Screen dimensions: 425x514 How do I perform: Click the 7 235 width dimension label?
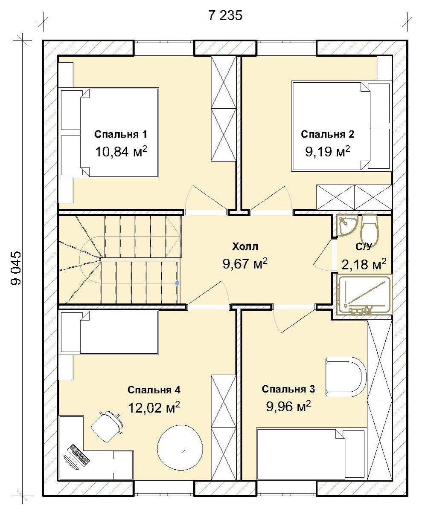click(x=225, y=15)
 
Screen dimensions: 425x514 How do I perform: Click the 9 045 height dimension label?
click(x=16, y=268)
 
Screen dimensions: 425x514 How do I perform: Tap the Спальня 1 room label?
click(x=121, y=134)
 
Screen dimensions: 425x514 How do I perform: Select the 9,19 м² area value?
click(x=328, y=151)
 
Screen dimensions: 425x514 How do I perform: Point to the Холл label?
click(x=245, y=246)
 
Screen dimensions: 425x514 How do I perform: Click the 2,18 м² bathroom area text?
click(x=364, y=264)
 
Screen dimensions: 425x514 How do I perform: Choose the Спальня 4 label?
click(x=154, y=390)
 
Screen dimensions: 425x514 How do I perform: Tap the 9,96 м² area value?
click(x=288, y=406)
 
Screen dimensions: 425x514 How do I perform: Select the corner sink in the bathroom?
click(x=347, y=225)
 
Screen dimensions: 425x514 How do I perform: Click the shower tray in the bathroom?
click(x=364, y=294)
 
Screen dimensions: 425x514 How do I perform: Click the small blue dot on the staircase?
click(x=177, y=283)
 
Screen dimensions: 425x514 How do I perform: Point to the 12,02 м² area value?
click(x=154, y=407)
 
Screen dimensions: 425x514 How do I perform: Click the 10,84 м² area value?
click(x=121, y=151)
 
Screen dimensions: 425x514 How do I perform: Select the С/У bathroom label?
click(x=364, y=246)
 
